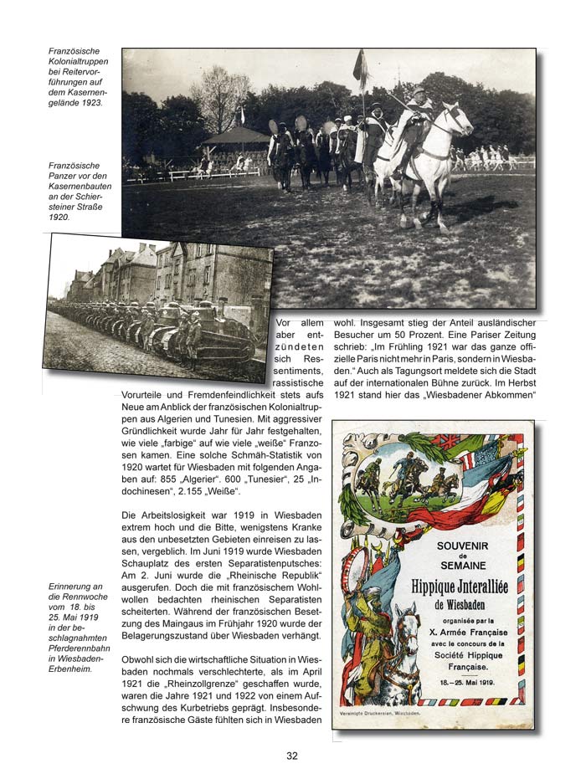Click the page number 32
[x=292, y=756]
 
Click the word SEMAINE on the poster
[x=461, y=569]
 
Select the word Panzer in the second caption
[x=65, y=177]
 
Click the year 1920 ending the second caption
[x=60, y=217]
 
